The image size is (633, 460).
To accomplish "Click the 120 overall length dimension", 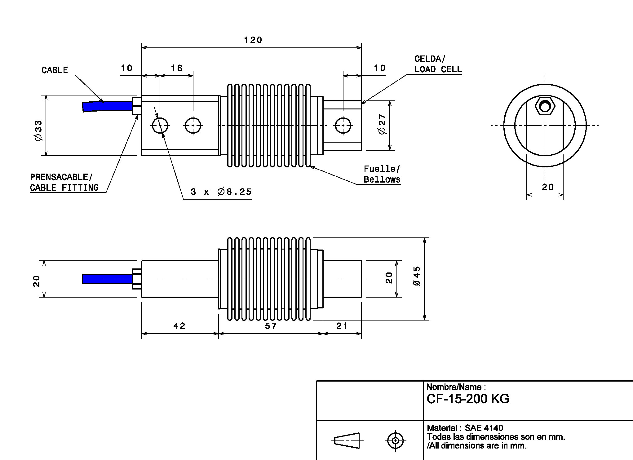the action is pyautogui.click(x=253, y=40).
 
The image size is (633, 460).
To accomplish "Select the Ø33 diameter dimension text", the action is pyautogui.click(x=38, y=130).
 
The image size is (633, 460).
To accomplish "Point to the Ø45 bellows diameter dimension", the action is pyautogui.click(x=417, y=276).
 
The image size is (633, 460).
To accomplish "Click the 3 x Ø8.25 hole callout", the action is pyautogui.click(x=221, y=192).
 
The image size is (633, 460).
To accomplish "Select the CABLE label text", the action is pyautogui.click(x=55, y=70).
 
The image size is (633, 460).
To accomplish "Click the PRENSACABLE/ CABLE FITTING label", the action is pyautogui.click(x=64, y=182).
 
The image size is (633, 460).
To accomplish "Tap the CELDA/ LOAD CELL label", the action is pyautogui.click(x=438, y=64).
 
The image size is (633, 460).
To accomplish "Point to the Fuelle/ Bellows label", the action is pyautogui.click(x=382, y=174).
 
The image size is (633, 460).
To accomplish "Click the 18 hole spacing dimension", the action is pyautogui.click(x=177, y=68).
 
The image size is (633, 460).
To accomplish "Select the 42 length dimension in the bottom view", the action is pyautogui.click(x=179, y=326).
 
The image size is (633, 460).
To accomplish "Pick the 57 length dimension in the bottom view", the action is pyautogui.click(x=271, y=326).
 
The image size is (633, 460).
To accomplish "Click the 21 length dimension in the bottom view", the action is pyautogui.click(x=342, y=326).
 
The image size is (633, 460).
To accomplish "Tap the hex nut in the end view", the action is pyautogui.click(x=545, y=107).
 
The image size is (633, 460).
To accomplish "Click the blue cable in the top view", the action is pyautogui.click(x=107, y=106).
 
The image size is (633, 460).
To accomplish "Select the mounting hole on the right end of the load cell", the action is pyautogui.click(x=343, y=126).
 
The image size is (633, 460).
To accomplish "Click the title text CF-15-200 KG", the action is pyautogui.click(x=468, y=399).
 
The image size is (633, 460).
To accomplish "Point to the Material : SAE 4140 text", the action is pyautogui.click(x=465, y=428).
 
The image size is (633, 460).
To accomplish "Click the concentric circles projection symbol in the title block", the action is pyautogui.click(x=395, y=440).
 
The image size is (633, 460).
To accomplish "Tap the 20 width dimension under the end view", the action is pyautogui.click(x=548, y=187).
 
